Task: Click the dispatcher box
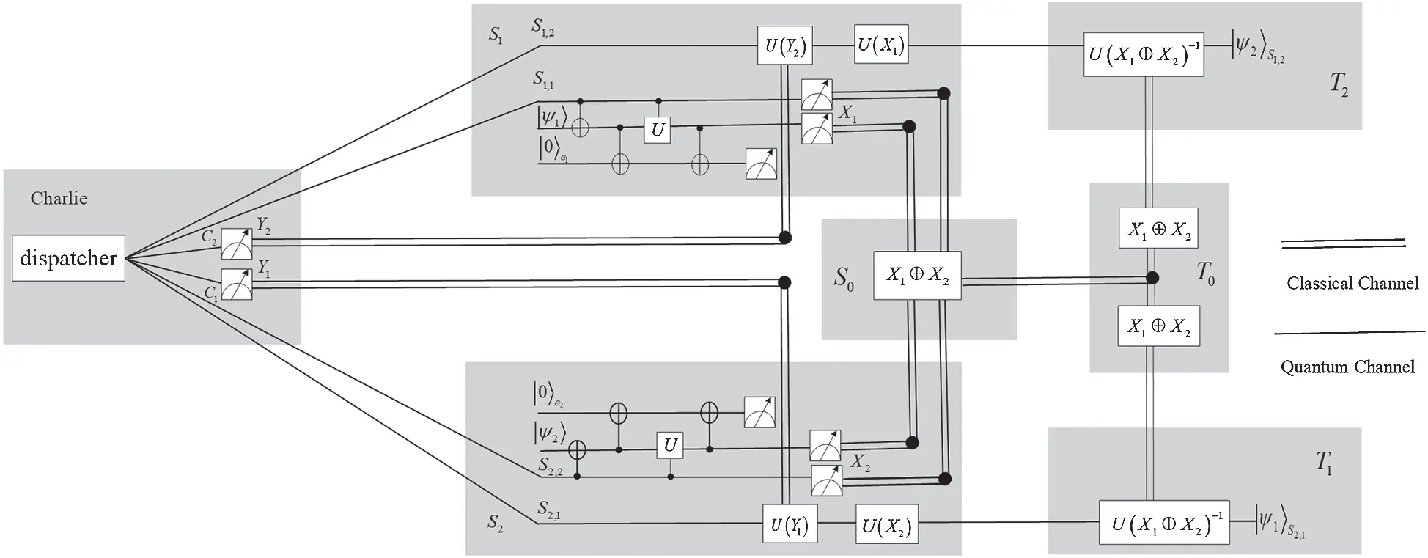[68, 258]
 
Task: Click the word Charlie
[59, 198]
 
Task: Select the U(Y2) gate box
[785, 46]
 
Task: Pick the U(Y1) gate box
[790, 526]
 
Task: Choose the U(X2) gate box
[887, 525]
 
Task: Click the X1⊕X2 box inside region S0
[917, 275]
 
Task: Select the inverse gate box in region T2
[1144, 54]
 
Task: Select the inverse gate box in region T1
[1163, 523]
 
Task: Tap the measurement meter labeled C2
[237, 244]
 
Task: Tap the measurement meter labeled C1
[237, 284]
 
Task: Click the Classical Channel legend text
[1352, 283]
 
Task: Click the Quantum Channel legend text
[1347, 367]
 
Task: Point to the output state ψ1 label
[1278, 522]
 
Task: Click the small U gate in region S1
[658, 130]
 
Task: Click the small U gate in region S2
[670, 445]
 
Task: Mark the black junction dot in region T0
[1152, 277]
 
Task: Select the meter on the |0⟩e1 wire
[761, 164]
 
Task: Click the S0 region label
[844, 278]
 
